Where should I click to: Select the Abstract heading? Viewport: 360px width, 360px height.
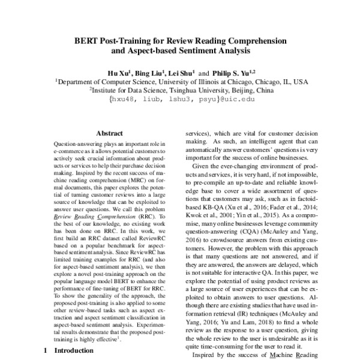[x=110, y=134]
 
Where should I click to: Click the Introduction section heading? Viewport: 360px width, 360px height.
[x=74, y=350]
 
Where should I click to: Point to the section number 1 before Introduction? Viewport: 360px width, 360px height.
[x=45, y=350]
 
